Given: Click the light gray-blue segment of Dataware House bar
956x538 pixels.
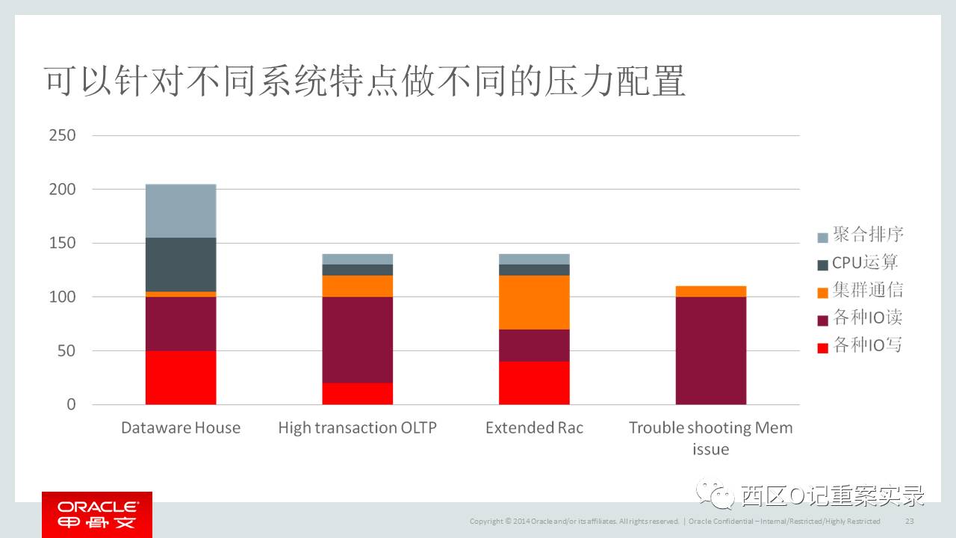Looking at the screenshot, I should pyautogui.click(x=181, y=211).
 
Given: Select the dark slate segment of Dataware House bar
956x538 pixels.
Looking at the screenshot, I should pyautogui.click(x=181, y=265).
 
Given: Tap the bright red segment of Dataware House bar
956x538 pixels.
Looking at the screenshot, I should pyautogui.click(x=181, y=377).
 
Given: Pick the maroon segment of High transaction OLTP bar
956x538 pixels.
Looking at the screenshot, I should pyautogui.click(x=358, y=340).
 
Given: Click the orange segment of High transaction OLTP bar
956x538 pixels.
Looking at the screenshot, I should pyautogui.click(x=358, y=286).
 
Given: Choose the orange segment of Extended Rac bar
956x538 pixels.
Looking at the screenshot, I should pyautogui.click(x=534, y=303).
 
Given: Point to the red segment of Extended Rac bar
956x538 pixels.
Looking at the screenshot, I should pyautogui.click(x=534, y=383).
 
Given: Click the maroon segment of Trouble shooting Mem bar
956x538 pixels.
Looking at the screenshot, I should pyautogui.click(x=711, y=351).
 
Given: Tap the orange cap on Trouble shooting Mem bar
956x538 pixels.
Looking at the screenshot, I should pyautogui.click(x=711, y=291).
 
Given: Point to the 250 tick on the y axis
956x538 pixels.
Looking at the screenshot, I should pyautogui.click(x=62, y=135).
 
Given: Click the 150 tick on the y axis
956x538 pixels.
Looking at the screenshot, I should pyautogui.click(x=62, y=243).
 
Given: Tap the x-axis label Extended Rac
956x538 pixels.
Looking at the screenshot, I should pyautogui.click(x=534, y=427).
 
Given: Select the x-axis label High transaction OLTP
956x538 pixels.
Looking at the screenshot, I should pyautogui.click(x=357, y=427).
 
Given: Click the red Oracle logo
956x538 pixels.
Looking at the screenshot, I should pyautogui.click(x=97, y=514).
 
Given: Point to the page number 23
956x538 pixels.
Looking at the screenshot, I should pyautogui.click(x=909, y=521).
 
